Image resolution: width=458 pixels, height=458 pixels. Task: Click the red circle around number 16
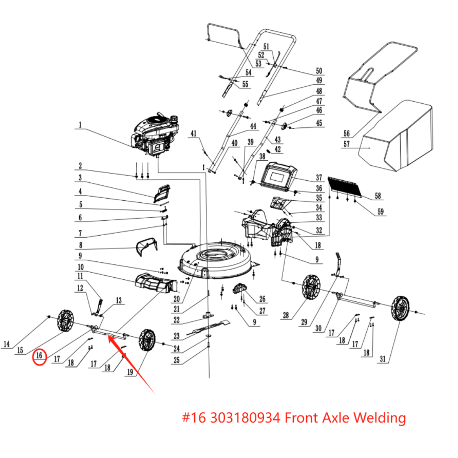pyautogui.click(x=39, y=357)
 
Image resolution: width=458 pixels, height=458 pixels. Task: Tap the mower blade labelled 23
pyautogui.click(x=209, y=328)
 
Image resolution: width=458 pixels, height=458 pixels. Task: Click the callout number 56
pyautogui.click(x=347, y=133)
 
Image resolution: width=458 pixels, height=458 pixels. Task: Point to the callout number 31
pyautogui.click(x=383, y=359)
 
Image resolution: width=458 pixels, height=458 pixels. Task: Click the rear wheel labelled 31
pyautogui.click(x=400, y=308)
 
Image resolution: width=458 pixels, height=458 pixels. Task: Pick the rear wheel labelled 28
pyautogui.click(x=311, y=287)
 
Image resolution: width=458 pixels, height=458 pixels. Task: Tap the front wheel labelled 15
pyautogui.click(x=66, y=321)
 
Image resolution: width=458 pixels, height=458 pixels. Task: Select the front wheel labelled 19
pyautogui.click(x=147, y=340)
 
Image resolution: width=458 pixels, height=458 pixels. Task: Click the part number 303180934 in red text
pyautogui.click(x=245, y=418)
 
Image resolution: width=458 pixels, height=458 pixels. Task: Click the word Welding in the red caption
pyautogui.click(x=380, y=418)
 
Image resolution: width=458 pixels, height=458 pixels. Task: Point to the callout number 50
pyautogui.click(x=319, y=71)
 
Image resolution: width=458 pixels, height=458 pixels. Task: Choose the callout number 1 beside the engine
pyautogui.click(x=80, y=125)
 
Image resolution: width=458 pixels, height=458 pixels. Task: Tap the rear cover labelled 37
pyautogui.click(x=279, y=176)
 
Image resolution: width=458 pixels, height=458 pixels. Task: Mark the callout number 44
pyautogui.click(x=253, y=126)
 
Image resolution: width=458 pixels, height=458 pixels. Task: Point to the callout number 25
pyautogui.click(x=177, y=360)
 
